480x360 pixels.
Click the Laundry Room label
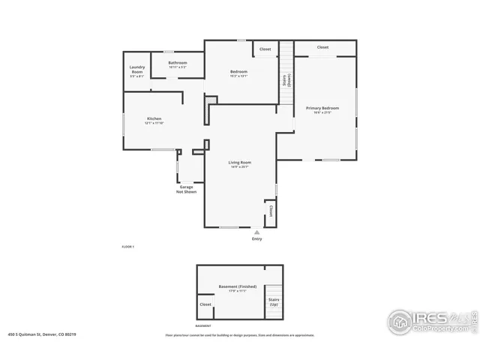[x=136, y=70]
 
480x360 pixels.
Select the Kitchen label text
[x=154, y=120]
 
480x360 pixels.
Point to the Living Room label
[x=239, y=163]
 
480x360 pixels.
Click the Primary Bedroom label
[x=322, y=109]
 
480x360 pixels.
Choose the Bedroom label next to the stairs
[x=238, y=73]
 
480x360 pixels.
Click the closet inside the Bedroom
[x=265, y=49]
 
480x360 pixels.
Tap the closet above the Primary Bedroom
[x=322, y=47]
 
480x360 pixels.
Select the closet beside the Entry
[x=270, y=213]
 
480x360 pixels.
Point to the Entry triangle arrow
[x=257, y=232]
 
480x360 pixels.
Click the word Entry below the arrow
[x=257, y=239]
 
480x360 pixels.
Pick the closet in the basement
[x=205, y=304]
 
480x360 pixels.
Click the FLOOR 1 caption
[x=127, y=247]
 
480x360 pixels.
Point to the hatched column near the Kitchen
[x=211, y=99]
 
